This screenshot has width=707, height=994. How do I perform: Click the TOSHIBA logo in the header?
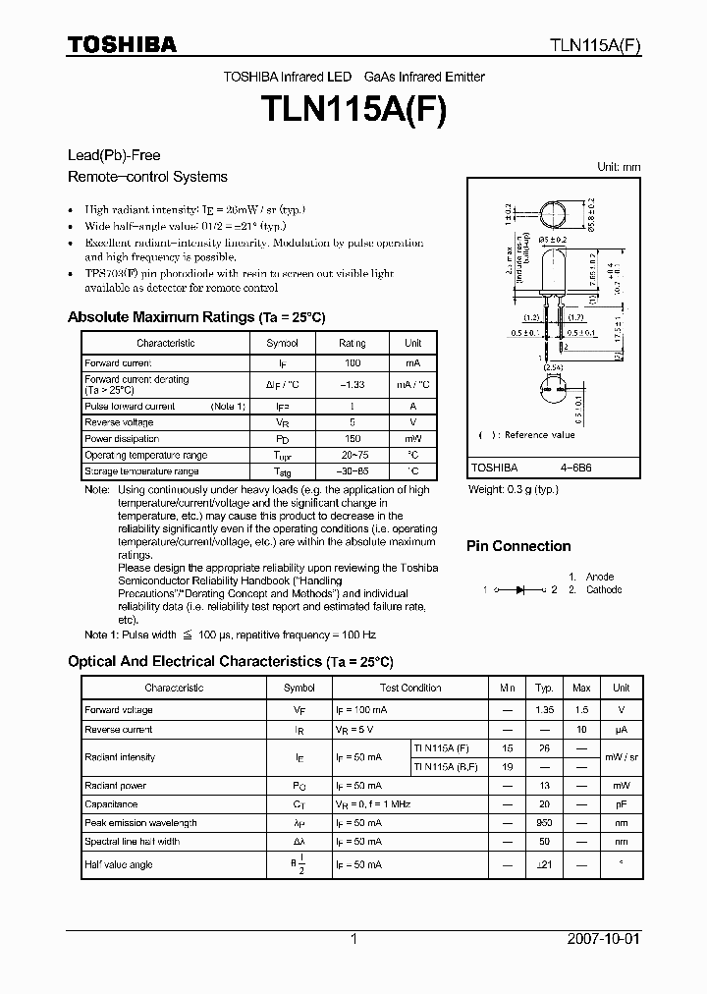click(x=122, y=43)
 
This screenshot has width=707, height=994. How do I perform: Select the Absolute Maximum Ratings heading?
click(x=195, y=317)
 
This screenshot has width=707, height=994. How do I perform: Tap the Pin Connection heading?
click(x=517, y=546)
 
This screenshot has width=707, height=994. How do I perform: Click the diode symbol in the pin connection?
click(x=520, y=589)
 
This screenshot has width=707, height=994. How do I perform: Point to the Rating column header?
click(x=352, y=343)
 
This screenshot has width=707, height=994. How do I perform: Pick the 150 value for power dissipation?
click(x=352, y=439)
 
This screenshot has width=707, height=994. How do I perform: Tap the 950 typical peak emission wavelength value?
click(x=544, y=822)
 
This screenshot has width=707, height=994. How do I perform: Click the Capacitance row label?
click(x=111, y=803)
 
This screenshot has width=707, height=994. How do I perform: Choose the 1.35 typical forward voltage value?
click(x=544, y=709)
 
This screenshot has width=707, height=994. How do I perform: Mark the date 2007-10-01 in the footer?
click(x=604, y=939)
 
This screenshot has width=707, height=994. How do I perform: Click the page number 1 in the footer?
click(x=353, y=939)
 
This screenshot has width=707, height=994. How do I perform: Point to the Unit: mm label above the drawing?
click(x=619, y=167)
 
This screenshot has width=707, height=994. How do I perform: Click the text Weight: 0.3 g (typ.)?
click(x=514, y=488)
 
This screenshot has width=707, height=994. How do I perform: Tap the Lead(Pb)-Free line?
click(x=113, y=155)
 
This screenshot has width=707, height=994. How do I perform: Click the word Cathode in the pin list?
click(x=604, y=589)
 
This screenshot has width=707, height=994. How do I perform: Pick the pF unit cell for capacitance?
click(x=621, y=803)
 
